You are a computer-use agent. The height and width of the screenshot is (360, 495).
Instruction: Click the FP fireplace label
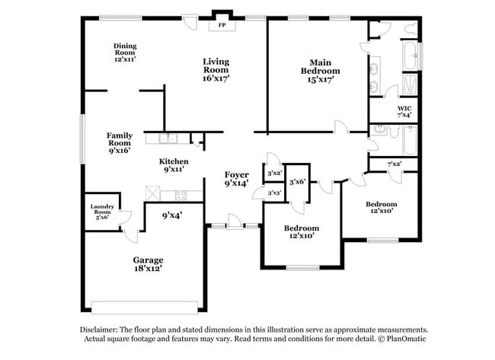[x=222, y=25]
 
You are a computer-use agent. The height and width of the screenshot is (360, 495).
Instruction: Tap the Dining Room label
[x=125, y=52]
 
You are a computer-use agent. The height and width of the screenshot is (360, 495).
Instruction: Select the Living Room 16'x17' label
[x=216, y=69]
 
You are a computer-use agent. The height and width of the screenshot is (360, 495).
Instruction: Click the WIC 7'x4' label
[x=404, y=112]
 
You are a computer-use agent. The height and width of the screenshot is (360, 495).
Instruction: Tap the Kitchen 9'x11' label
[x=174, y=165]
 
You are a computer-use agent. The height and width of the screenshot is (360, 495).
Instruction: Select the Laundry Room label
[x=101, y=212]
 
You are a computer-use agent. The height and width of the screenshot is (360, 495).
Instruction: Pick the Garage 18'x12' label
[x=148, y=263]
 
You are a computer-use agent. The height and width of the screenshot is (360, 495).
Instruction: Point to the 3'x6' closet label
[x=297, y=181]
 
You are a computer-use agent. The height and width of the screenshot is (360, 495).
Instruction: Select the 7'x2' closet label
[x=394, y=164]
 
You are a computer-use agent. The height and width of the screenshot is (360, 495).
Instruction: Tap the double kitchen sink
[x=168, y=139]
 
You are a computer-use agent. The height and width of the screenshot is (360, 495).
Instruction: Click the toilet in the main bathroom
[x=410, y=28]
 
